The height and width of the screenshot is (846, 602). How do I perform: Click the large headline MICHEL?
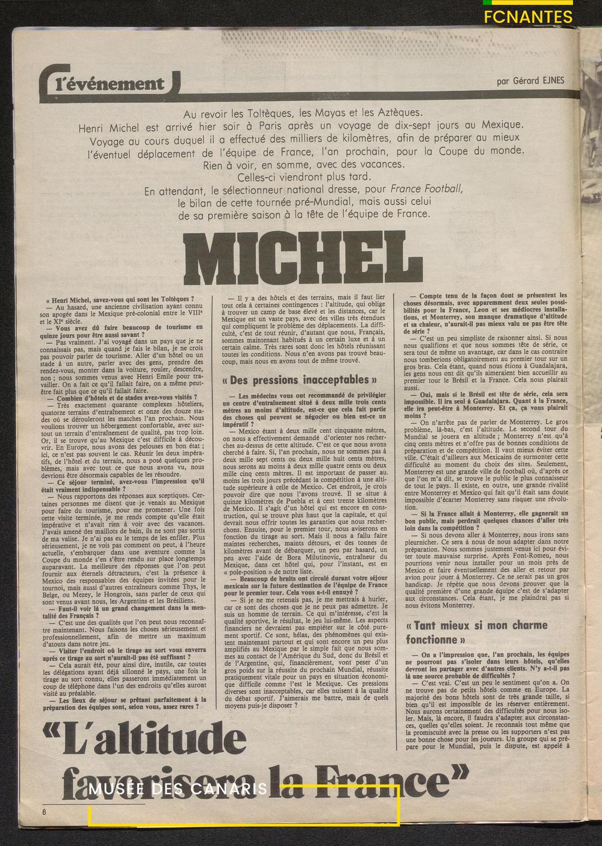point(300,258)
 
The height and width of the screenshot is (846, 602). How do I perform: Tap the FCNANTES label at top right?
point(529,17)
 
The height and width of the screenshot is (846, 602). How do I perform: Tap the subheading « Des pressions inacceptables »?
point(300,380)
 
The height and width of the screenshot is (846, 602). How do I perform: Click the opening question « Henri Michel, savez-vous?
point(120,298)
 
